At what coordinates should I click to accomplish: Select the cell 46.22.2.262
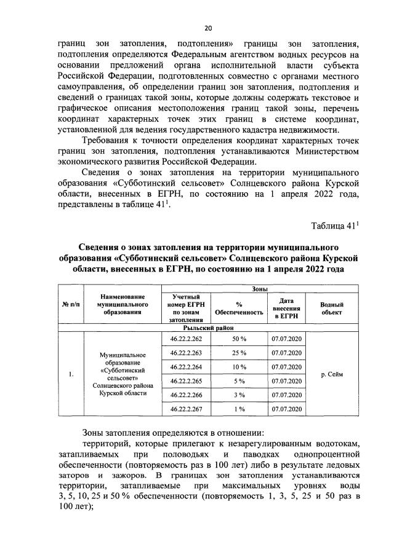pyautogui.click(x=186, y=338)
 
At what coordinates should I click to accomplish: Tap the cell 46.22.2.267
pyautogui.click(x=186, y=409)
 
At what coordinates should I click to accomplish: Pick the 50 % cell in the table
pyautogui.click(x=239, y=338)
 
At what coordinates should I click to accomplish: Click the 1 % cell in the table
pyautogui.click(x=239, y=409)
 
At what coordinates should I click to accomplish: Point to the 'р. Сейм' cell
pyautogui.click(x=332, y=373)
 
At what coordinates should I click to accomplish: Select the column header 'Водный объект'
pyautogui.click(x=332, y=308)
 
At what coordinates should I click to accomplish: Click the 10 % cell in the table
pyautogui.click(x=239, y=366)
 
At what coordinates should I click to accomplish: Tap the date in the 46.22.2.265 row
pyautogui.click(x=286, y=380)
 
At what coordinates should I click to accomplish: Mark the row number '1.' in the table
pyautogui.click(x=71, y=374)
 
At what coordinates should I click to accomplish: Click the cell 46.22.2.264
pyautogui.click(x=186, y=366)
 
